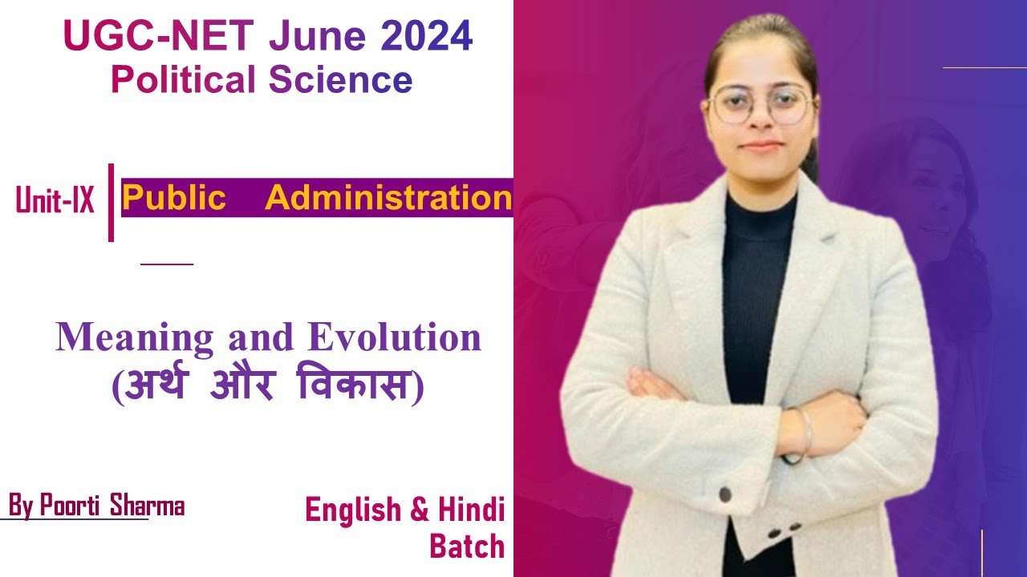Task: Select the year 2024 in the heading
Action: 427,38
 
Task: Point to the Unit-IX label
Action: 55,200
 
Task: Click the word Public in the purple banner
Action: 174,198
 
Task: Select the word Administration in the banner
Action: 388,198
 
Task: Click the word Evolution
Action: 395,337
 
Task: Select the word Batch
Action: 467,547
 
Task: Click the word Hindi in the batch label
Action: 471,510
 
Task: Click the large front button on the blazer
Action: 725,494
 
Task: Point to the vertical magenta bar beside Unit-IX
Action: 111,202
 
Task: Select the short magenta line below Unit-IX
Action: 167,264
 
